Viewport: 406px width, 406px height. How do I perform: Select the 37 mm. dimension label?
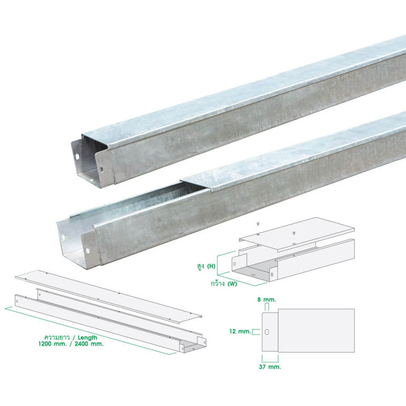(x=270, y=367)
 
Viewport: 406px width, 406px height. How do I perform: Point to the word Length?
(x=87, y=337)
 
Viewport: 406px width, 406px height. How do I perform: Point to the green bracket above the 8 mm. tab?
(x=267, y=306)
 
